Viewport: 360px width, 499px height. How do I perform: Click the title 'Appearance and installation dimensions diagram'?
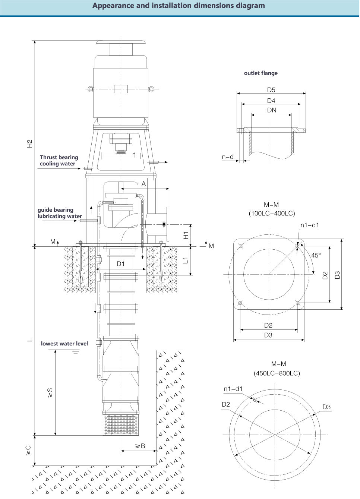pyautogui.click(x=179, y=6)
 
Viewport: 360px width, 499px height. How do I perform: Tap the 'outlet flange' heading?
pyautogui.click(x=260, y=73)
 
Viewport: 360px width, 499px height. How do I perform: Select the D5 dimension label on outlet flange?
pyautogui.click(x=271, y=90)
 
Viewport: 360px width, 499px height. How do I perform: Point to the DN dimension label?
pyautogui.click(x=272, y=110)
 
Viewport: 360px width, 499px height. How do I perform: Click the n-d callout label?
pyautogui.click(x=228, y=157)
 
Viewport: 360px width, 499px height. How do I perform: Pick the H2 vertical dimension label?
pyautogui.click(x=30, y=143)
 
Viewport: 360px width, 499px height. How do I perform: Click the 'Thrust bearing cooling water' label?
pyautogui.click(x=59, y=161)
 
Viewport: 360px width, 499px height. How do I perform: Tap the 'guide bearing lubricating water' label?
pyautogui.click(x=60, y=213)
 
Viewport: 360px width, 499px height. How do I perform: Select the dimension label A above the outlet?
pyautogui.click(x=143, y=184)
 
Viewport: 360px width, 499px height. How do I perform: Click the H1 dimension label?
pyautogui.click(x=186, y=235)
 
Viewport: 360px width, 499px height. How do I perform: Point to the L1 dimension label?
pyautogui.click(x=186, y=260)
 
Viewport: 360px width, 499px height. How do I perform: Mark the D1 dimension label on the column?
pyautogui.click(x=120, y=264)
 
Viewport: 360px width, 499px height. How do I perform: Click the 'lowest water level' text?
pyautogui.click(x=64, y=344)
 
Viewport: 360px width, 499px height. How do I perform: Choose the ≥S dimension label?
pyautogui.click(x=50, y=392)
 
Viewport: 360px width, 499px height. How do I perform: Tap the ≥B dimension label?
pyautogui.click(x=140, y=446)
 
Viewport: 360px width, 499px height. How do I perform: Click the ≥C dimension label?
pyautogui.click(x=28, y=450)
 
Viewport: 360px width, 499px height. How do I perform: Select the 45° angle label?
pyautogui.click(x=316, y=255)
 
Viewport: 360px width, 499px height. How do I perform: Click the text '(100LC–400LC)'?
pyautogui.click(x=272, y=214)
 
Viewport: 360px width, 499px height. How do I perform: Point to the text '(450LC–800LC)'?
pyautogui.click(x=277, y=373)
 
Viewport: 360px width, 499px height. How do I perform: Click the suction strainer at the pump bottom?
pyautogui.click(x=121, y=424)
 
